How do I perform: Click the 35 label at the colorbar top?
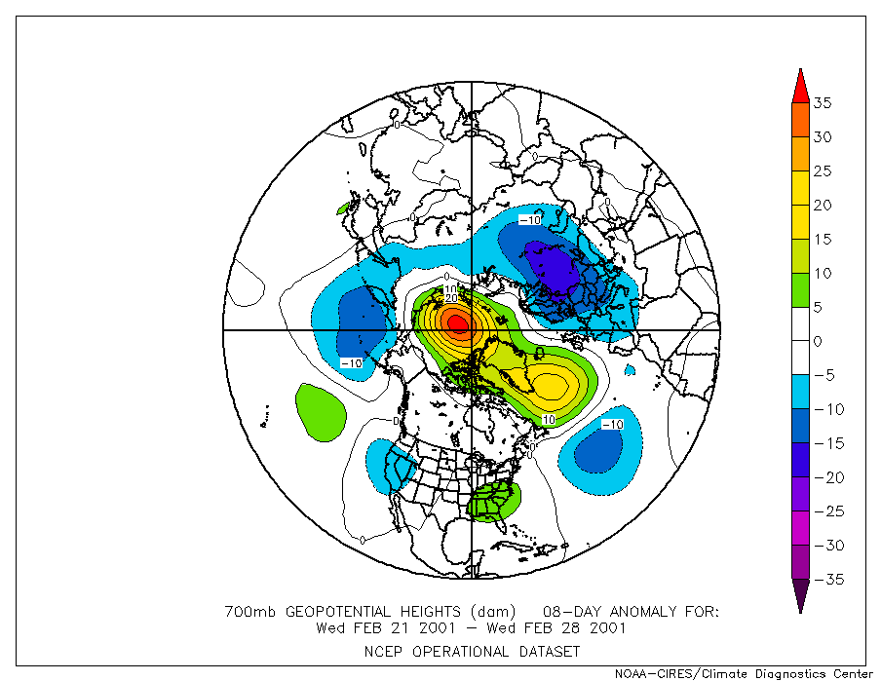tap(823, 103)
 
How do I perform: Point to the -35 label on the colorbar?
tap(821, 580)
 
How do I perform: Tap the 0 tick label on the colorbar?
tap(819, 342)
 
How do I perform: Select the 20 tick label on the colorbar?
tap(823, 206)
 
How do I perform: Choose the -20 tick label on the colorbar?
tap(821, 477)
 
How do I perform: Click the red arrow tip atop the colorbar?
tap(799, 83)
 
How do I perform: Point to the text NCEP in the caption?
tap(384, 651)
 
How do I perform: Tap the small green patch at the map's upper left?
tap(343, 208)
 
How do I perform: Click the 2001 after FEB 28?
tap(607, 628)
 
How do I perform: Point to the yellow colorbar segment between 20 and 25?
tap(799, 188)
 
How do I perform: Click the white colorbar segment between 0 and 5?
tap(799, 324)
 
